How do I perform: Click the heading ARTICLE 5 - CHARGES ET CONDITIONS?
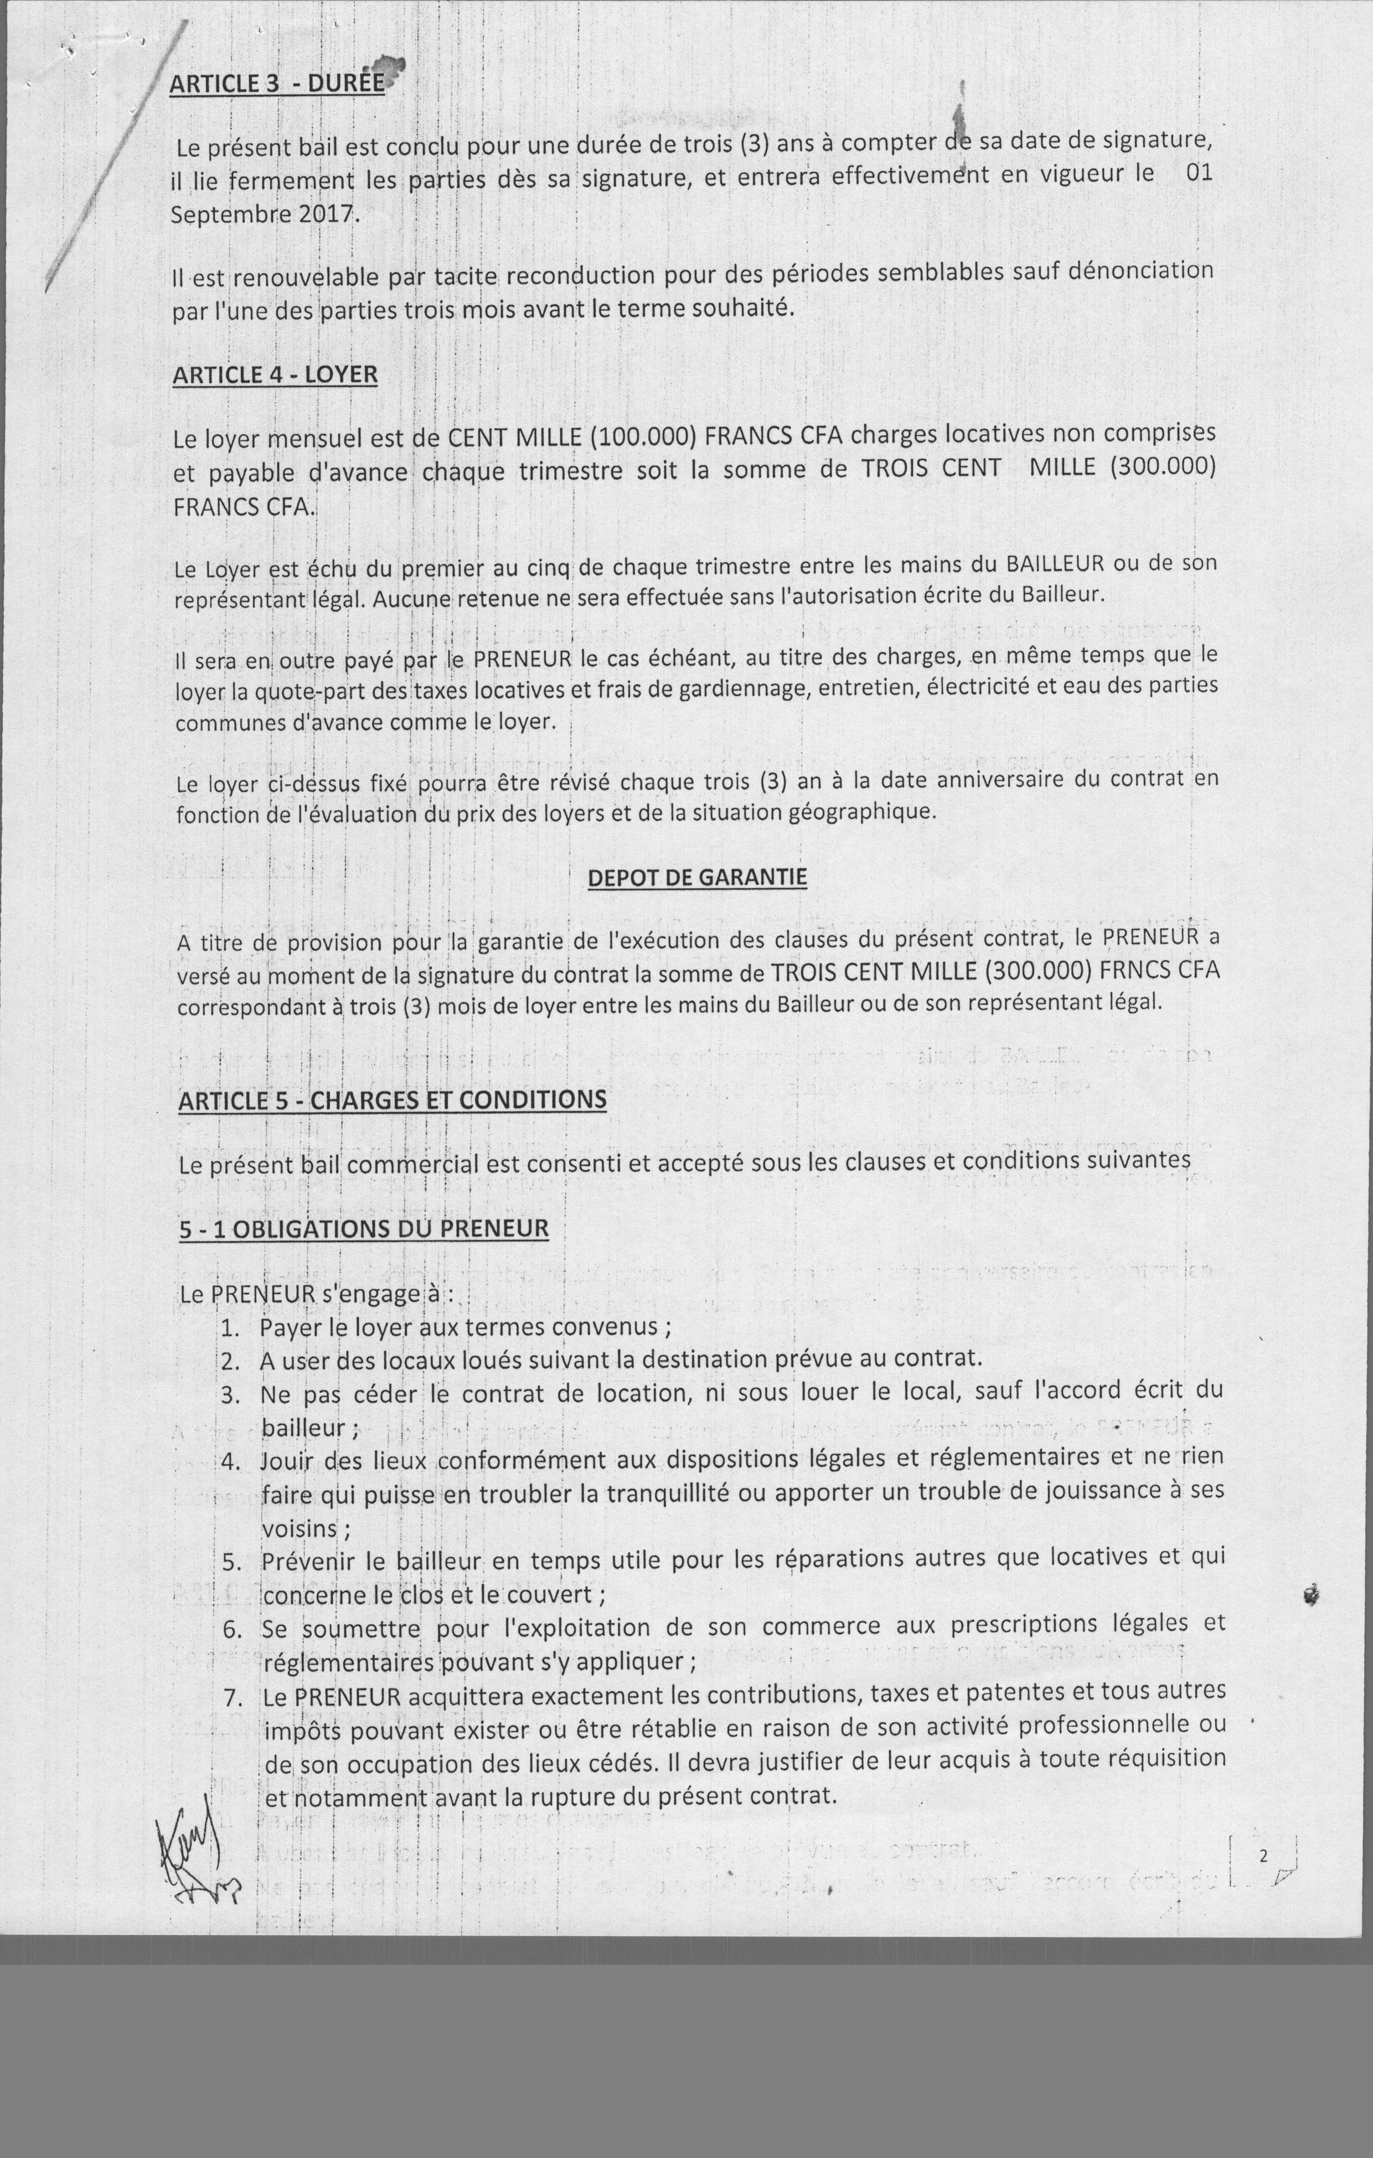(393, 1100)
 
